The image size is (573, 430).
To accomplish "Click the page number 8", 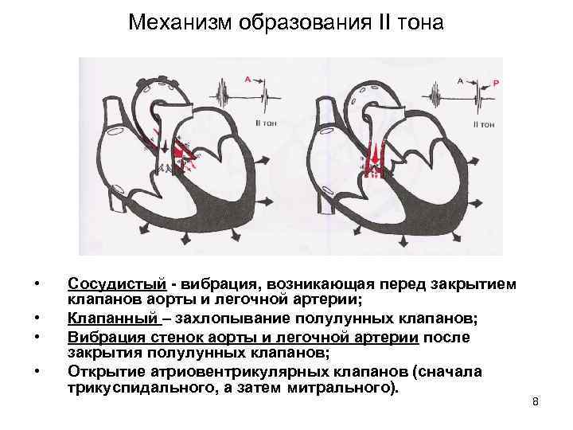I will pyautogui.click(x=536, y=401).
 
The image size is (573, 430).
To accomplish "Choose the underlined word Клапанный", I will pyautogui.click(x=114, y=319).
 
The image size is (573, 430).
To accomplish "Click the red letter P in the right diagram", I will pyautogui.click(x=496, y=82).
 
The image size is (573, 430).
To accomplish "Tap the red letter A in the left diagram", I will pyautogui.click(x=248, y=79).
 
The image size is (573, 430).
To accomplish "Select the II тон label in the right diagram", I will pyautogui.click(x=485, y=124).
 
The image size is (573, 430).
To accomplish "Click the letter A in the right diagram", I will pyautogui.click(x=461, y=80).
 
